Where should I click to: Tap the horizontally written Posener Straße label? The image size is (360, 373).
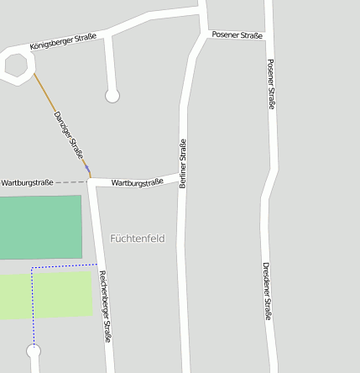(x=237, y=35)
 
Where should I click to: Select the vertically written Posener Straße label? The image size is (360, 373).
(x=270, y=85)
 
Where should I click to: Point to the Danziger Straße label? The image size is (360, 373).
(x=69, y=135)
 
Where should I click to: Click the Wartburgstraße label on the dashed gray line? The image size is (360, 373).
(x=27, y=182)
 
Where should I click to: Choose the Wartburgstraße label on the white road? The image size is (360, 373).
(x=137, y=181)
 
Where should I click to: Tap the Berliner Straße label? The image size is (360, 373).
(x=183, y=163)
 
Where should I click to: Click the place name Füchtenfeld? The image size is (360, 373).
(x=138, y=239)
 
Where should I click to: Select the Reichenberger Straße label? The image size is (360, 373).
(x=105, y=307)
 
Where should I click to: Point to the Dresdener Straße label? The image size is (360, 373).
(x=267, y=291)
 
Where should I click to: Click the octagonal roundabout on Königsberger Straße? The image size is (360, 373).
(x=17, y=65)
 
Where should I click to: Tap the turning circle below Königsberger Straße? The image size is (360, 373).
(x=112, y=96)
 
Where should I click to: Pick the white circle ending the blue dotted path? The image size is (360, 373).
(x=34, y=351)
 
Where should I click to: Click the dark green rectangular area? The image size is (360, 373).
(x=40, y=227)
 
